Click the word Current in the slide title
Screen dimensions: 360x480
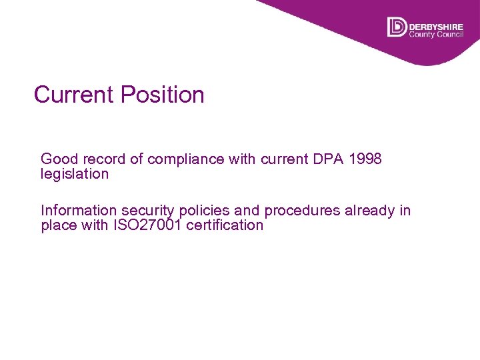coord(74,95)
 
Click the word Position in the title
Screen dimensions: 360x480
coord(163,95)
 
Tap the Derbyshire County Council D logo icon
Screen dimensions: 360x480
coord(397,27)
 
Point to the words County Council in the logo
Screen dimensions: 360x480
coord(436,33)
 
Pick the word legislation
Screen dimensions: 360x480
coord(75,174)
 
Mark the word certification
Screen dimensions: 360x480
coord(225,225)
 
